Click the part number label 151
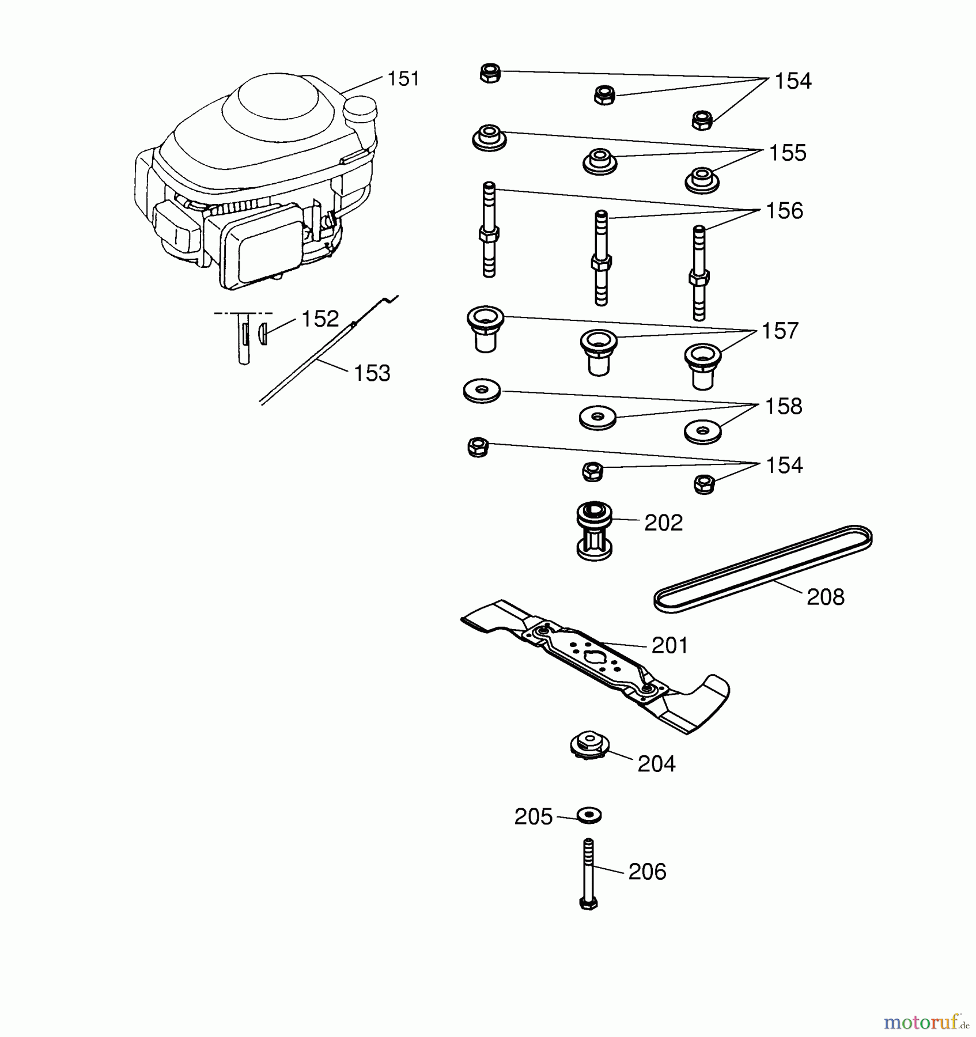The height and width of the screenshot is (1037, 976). point(403,78)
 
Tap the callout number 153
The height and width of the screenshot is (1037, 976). point(372,373)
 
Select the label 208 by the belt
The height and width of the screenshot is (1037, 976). point(825,597)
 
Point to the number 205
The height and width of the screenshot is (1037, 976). point(534,817)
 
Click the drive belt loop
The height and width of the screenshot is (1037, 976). point(763,568)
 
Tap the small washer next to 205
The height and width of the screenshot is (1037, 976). point(589,815)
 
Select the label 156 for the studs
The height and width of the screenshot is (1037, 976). point(784,211)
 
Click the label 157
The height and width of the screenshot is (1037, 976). point(780,331)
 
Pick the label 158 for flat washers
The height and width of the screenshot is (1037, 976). point(784,406)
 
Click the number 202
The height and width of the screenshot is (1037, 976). point(663,523)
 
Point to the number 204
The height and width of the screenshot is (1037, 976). point(656,764)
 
